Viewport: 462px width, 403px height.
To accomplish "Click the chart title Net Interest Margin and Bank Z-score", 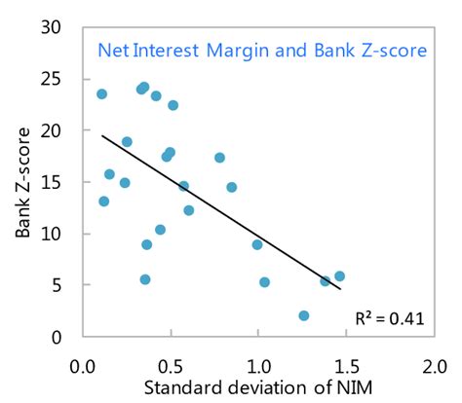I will click(261, 50).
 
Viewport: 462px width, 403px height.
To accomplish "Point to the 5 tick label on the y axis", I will click(58, 286).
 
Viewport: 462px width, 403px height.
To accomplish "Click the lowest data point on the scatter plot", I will click(304, 315).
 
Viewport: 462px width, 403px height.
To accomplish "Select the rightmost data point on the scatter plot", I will click(339, 276).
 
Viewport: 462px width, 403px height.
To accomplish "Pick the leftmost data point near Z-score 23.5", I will click(101, 94).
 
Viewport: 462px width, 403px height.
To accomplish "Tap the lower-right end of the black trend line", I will click(340, 289).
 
